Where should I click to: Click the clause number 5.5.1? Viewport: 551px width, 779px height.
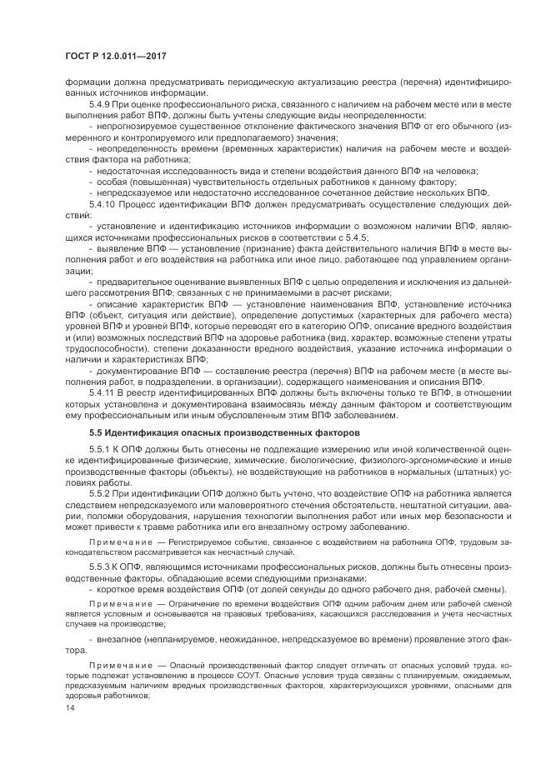(99, 451)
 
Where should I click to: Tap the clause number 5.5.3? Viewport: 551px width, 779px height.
(99, 565)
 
